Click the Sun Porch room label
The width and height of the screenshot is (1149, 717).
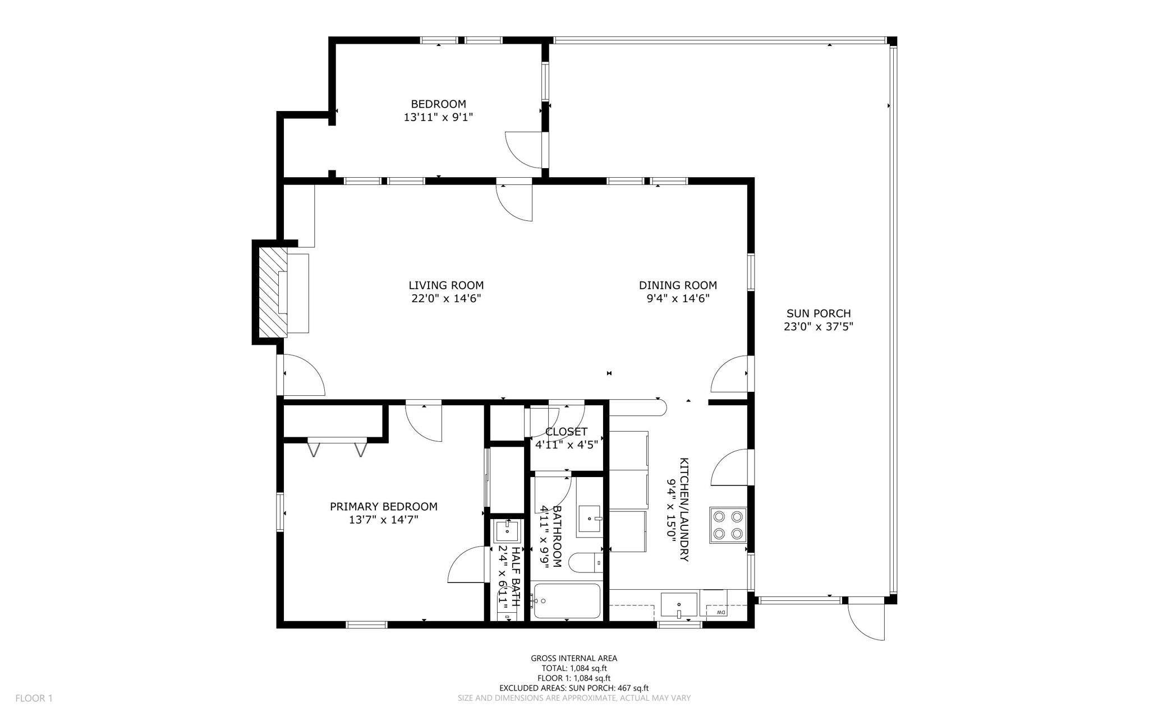tap(818, 313)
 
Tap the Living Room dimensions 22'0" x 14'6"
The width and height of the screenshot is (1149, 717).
tap(446, 299)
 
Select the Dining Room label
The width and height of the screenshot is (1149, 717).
tap(678, 285)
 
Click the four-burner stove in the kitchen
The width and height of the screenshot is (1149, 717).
tap(728, 525)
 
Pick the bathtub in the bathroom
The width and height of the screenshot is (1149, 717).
tap(566, 601)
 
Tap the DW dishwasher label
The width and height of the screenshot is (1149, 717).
tap(721, 612)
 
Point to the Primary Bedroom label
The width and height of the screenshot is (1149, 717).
tap(383, 507)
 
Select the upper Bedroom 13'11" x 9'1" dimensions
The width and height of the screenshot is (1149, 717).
tap(438, 118)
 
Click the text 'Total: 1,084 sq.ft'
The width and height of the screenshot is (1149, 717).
tap(573, 668)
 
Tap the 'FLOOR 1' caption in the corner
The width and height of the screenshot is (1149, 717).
tap(34, 698)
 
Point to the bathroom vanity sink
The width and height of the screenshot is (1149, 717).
tap(590, 519)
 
